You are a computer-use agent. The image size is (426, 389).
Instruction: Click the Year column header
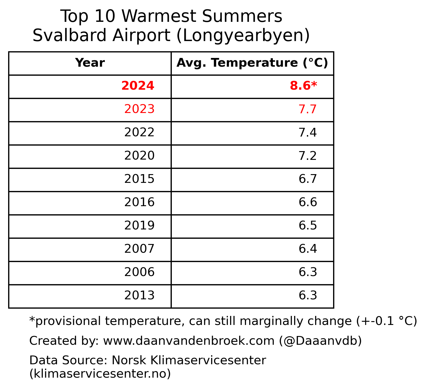point(90,63)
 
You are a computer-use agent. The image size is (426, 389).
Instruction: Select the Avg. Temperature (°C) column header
point(252,63)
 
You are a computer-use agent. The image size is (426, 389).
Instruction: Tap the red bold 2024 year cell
point(138,86)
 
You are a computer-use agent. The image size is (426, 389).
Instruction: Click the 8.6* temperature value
point(303,86)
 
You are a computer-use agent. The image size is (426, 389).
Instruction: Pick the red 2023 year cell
point(139,109)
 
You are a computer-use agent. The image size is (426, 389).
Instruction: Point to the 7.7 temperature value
point(307,109)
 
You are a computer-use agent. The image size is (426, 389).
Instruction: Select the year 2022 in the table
point(139,133)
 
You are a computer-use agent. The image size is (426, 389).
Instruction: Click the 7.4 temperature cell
point(307,133)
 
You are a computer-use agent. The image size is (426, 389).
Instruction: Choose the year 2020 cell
point(139,156)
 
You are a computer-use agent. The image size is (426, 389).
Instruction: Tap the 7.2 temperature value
point(307,156)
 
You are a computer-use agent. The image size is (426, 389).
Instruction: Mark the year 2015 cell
point(139,179)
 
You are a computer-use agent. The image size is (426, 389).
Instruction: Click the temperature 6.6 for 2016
point(307,203)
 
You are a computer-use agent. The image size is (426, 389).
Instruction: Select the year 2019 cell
point(139,226)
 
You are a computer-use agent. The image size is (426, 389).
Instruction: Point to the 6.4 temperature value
point(307,249)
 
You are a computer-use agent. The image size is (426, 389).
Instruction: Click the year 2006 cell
point(139,273)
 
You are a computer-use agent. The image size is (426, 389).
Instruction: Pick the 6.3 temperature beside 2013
point(307,296)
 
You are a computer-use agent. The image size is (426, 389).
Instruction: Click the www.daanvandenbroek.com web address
point(189,341)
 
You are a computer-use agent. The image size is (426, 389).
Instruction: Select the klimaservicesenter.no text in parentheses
point(100,374)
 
